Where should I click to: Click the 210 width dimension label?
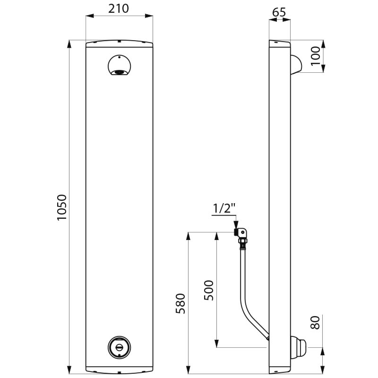coord(119,9)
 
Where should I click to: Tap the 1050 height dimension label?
coord(62,207)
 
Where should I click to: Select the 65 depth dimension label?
coord(279,12)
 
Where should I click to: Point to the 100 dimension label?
coord(315,56)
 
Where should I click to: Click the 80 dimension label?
coord(315,323)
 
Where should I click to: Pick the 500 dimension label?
coord(209,290)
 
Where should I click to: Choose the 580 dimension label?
coord(180,303)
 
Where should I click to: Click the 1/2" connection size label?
coord(224,208)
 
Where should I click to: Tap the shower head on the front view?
coord(120,65)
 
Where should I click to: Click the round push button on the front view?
coord(120,347)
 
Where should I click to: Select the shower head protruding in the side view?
coord(296,65)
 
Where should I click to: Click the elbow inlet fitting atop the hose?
coord(242,233)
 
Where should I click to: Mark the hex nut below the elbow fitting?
coord(243,241)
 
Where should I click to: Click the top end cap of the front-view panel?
coord(120,43)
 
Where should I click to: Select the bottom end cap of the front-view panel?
coord(120,370)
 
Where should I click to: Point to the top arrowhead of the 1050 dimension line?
coord(69,44)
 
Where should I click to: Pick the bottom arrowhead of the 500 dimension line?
coord(217,344)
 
